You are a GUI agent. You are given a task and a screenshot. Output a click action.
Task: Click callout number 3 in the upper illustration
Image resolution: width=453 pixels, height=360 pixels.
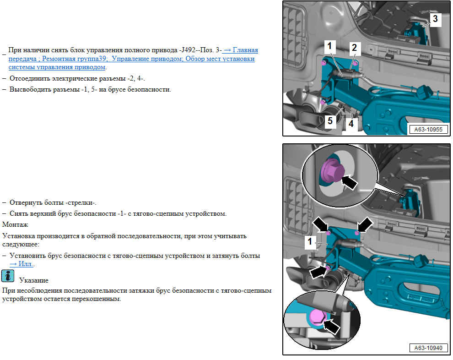(435, 19)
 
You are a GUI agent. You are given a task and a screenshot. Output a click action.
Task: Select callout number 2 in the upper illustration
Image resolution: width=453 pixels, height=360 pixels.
(354, 48)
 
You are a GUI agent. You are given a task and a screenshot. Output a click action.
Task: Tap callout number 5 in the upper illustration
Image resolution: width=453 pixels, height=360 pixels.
(330, 120)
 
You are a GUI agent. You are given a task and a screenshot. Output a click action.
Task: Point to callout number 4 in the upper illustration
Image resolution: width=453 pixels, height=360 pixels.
(351, 124)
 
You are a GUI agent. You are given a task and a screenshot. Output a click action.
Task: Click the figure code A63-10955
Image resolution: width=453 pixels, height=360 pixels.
(428, 130)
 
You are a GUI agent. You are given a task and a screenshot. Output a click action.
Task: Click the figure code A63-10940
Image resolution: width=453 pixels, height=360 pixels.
(428, 348)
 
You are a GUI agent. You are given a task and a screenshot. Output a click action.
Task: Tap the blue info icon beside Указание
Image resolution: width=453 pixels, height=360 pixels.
(8, 276)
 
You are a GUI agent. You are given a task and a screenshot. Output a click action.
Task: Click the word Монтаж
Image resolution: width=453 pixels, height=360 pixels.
(15, 225)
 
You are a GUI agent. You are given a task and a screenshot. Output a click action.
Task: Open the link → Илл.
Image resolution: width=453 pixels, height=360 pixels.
(22, 264)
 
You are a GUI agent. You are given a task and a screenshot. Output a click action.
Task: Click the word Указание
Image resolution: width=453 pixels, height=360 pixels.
(34, 280)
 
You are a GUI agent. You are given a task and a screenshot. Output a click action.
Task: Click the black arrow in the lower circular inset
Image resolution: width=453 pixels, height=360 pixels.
(331, 326)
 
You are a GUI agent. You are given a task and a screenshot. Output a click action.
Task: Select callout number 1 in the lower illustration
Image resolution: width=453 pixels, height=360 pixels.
(310, 241)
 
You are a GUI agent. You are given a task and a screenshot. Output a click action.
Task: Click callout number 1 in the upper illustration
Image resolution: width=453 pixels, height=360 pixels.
(329, 46)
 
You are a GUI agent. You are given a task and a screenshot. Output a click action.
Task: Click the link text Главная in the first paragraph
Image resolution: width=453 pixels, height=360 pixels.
(245, 50)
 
